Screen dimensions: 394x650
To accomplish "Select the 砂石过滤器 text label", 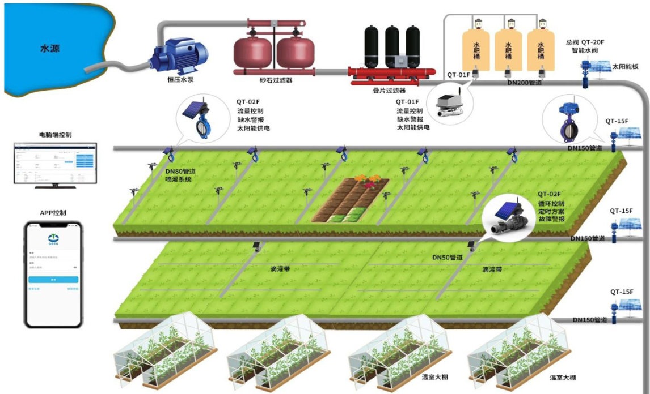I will pos(276,80).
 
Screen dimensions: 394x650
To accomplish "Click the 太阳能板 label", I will pos(625,66).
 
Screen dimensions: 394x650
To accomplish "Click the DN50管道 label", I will pos(448,258).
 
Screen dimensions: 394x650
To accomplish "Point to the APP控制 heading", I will pos(53,213).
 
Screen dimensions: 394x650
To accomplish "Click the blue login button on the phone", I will pos(53,280).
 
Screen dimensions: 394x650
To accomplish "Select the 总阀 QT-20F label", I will pos(586,42).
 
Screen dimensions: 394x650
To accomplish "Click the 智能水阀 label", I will pos(586,50).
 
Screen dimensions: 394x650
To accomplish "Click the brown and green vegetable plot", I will pos(351,201).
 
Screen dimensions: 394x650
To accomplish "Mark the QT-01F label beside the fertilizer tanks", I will pos(458,75).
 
